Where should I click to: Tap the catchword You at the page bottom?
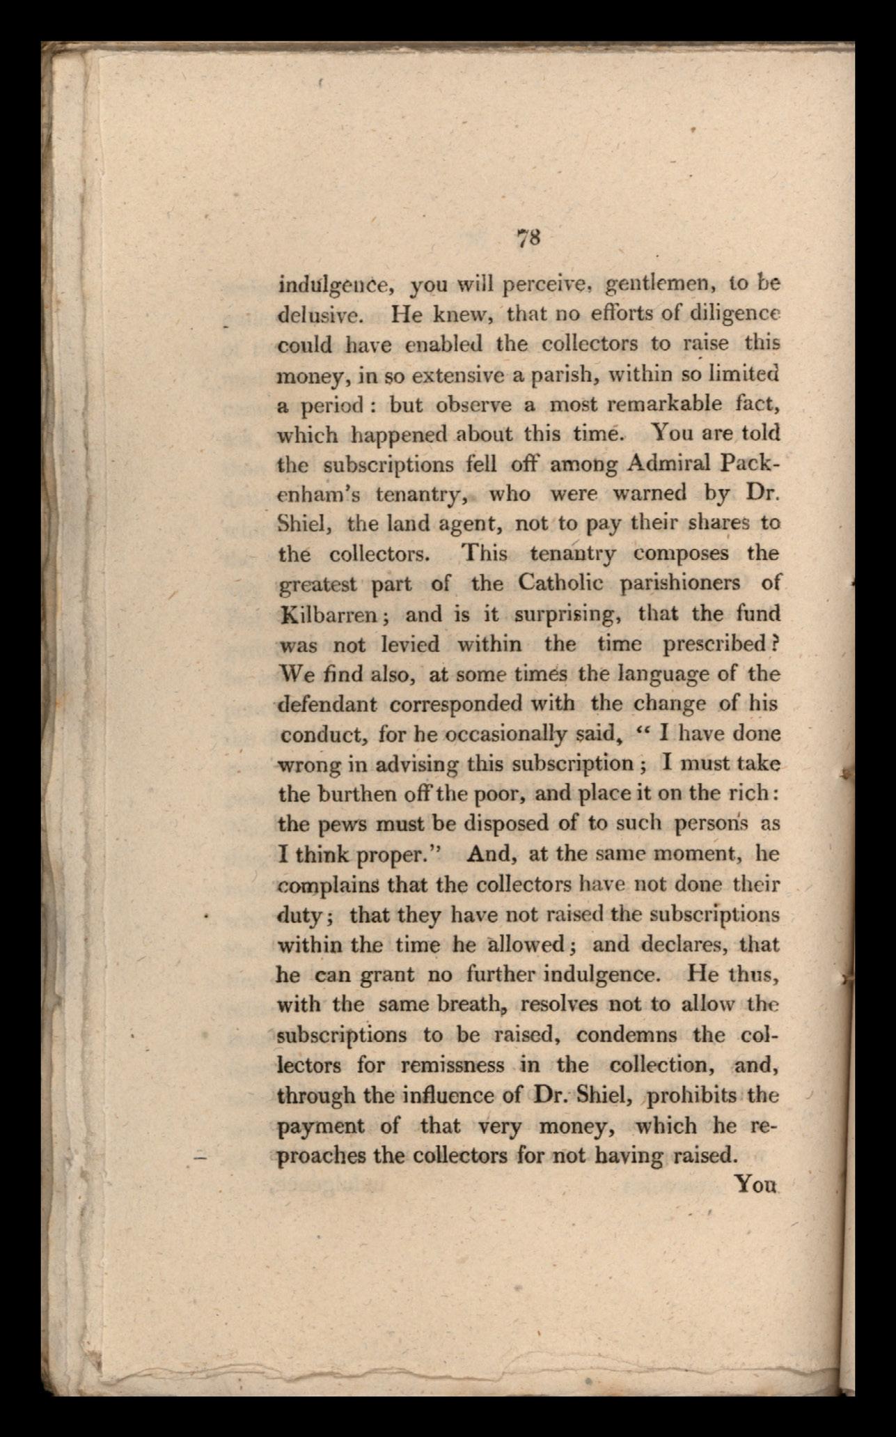(x=755, y=1183)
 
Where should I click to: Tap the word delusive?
(x=320, y=315)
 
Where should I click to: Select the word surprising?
(x=565, y=614)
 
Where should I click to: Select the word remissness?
(x=452, y=1065)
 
